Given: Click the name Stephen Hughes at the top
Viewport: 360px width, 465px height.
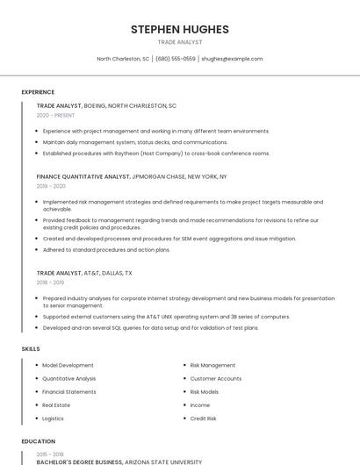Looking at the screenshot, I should (179, 29).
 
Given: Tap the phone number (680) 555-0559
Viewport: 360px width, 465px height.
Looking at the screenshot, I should (176, 59).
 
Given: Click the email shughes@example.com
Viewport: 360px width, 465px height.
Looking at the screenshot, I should (232, 59).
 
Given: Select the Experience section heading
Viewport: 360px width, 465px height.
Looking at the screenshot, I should (38, 92).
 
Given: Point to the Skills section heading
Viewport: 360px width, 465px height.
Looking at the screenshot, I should (31, 349).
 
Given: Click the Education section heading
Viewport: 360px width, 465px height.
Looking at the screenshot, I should (38, 441).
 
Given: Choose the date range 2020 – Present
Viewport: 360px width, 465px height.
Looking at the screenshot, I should (55, 115).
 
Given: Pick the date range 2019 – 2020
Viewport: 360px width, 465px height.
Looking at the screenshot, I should (51, 186).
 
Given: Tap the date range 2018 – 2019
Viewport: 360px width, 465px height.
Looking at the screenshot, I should (51, 283).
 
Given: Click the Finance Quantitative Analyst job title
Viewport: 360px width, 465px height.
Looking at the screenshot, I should (83, 176).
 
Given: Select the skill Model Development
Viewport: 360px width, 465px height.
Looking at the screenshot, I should (68, 365).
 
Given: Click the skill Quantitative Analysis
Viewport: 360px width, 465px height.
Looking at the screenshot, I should (69, 378).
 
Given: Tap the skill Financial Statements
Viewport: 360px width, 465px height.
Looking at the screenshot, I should (69, 391).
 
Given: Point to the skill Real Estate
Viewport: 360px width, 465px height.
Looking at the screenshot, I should (56, 405).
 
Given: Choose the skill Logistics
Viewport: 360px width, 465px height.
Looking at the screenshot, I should (54, 418).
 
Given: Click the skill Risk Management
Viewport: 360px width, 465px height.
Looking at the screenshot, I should (212, 365).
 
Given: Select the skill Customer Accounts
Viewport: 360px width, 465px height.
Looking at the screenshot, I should (215, 378).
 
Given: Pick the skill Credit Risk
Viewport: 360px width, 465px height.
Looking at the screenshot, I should (203, 418).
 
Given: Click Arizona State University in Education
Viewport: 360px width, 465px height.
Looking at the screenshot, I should (164, 461).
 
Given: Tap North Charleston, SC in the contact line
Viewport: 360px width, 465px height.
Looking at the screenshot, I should (123, 59).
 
